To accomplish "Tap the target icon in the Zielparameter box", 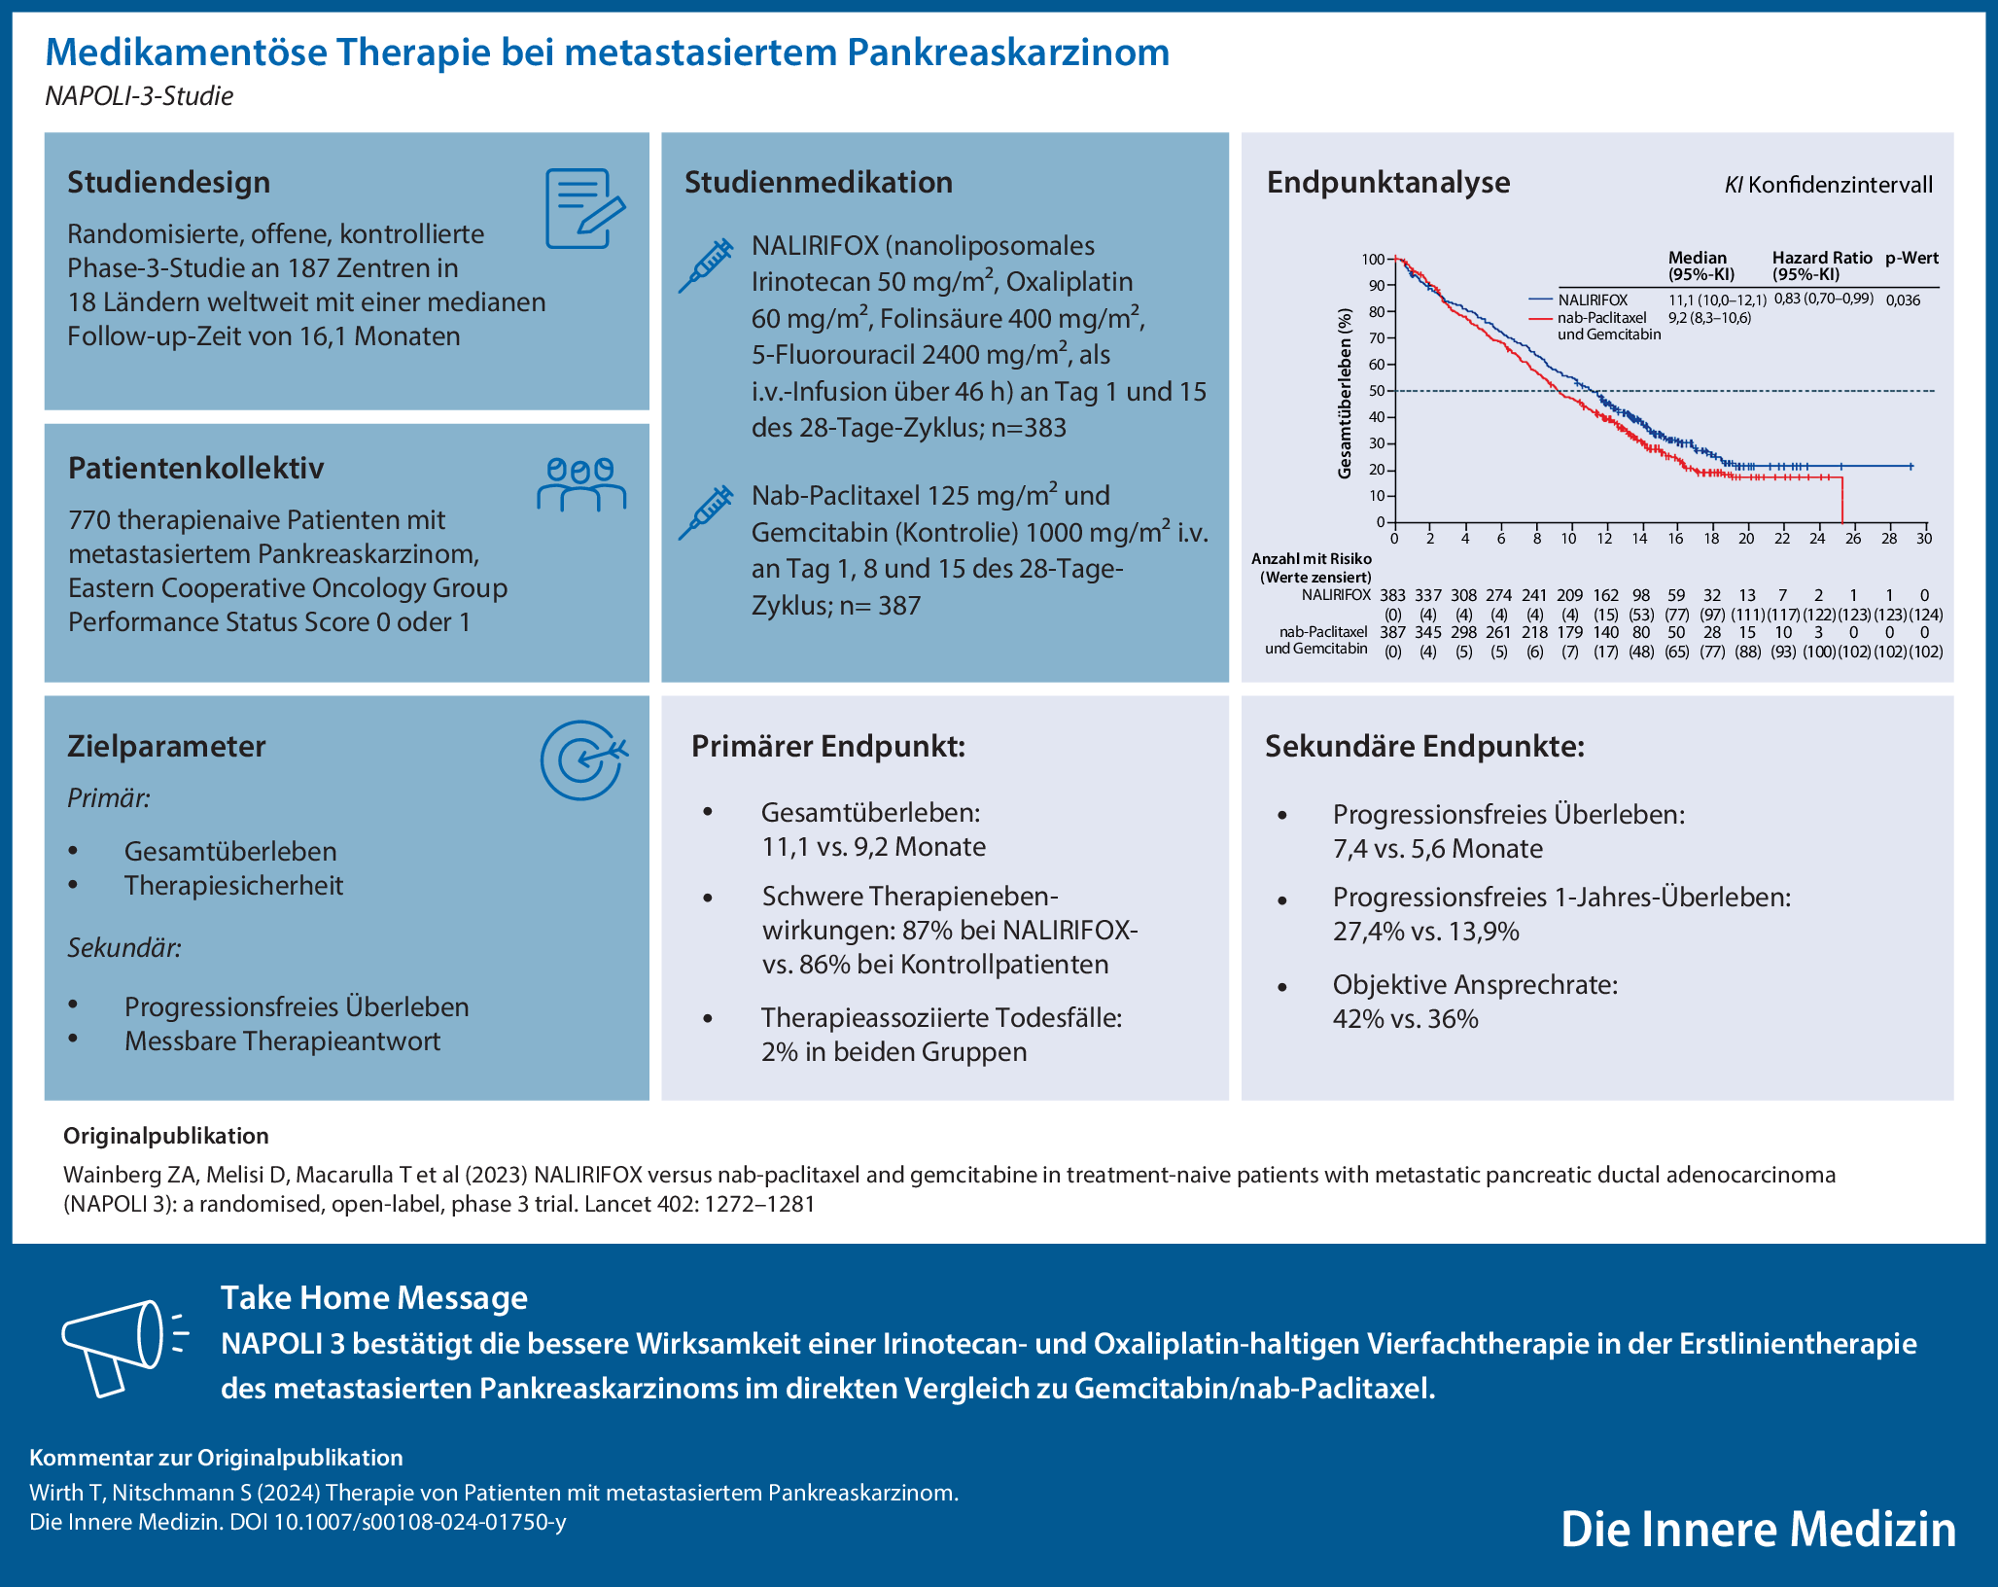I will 582,760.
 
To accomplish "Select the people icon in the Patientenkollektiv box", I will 581,484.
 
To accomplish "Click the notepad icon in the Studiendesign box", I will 583,208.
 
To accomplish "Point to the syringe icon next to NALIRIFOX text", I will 706,265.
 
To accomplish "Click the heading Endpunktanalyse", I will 1387,183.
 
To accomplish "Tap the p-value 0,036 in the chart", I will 1903,300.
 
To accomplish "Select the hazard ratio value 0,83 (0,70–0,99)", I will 1823,299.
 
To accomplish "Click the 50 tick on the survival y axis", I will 1376,391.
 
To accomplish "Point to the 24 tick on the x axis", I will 1817,539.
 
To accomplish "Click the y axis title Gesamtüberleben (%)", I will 1345,394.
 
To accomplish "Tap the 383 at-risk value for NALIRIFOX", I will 1392,595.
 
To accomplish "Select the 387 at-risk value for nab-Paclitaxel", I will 1392,632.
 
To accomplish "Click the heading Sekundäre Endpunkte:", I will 1424,747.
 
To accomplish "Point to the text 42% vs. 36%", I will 1405,1019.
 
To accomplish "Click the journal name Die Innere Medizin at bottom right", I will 1758,1529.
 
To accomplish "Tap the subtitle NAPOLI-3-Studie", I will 139,96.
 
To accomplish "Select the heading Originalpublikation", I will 165,1136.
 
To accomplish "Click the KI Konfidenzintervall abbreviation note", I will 1828,185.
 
